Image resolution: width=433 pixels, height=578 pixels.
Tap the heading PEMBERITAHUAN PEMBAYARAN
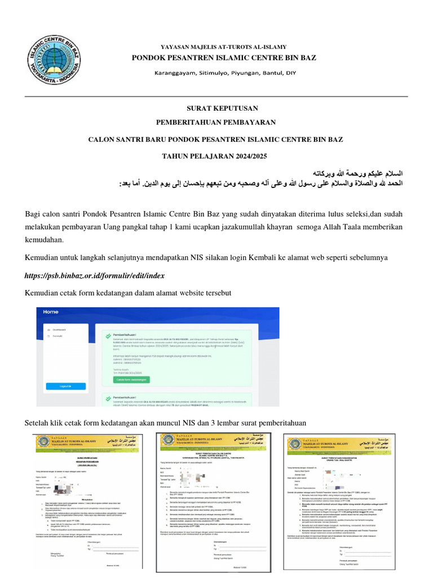pyautogui.click(x=216, y=122)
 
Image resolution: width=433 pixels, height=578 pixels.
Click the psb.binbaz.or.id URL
pyautogui.click(x=95, y=275)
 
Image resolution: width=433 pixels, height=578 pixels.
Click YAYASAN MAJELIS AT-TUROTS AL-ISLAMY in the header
pyautogui.click(x=216, y=47)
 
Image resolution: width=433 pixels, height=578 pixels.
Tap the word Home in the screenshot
pyautogui.click(x=51, y=312)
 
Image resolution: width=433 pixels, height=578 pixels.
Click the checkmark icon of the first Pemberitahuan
pyautogui.click(x=108, y=334)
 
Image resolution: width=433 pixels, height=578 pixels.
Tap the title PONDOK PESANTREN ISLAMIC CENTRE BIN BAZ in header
pyautogui.click(x=224, y=58)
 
